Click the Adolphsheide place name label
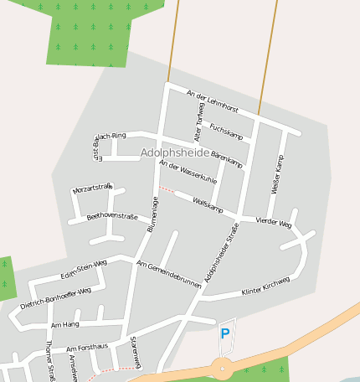[175, 153]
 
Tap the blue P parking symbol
[224, 333]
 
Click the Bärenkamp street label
[226, 157]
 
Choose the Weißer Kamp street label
[278, 175]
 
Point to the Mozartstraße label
[92, 188]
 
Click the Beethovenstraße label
[112, 217]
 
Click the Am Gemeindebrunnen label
[168, 275]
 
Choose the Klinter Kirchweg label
[265, 286]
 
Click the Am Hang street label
[64, 323]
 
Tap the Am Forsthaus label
[88, 347]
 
